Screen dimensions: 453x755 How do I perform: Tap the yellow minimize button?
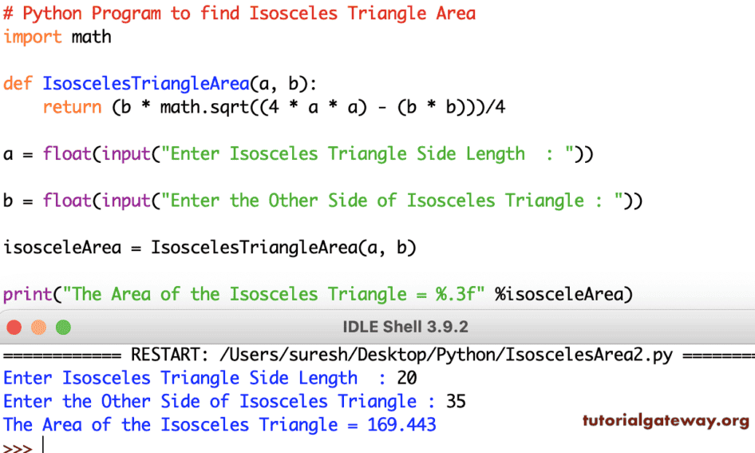tap(38, 328)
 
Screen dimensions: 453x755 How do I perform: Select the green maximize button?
tap(63, 328)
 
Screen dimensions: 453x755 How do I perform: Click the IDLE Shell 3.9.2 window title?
tap(405, 328)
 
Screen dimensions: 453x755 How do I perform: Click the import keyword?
tap(33, 37)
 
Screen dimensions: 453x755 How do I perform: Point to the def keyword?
tap(18, 83)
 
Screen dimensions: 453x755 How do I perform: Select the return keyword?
tap(72, 107)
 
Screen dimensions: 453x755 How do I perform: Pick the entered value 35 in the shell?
tap(456, 401)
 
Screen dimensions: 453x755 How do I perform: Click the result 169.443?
tap(401, 424)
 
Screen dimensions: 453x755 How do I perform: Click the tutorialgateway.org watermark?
tap(665, 421)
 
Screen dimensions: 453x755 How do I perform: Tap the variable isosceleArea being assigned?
tap(62, 247)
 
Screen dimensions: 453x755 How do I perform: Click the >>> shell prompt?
tap(18, 447)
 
